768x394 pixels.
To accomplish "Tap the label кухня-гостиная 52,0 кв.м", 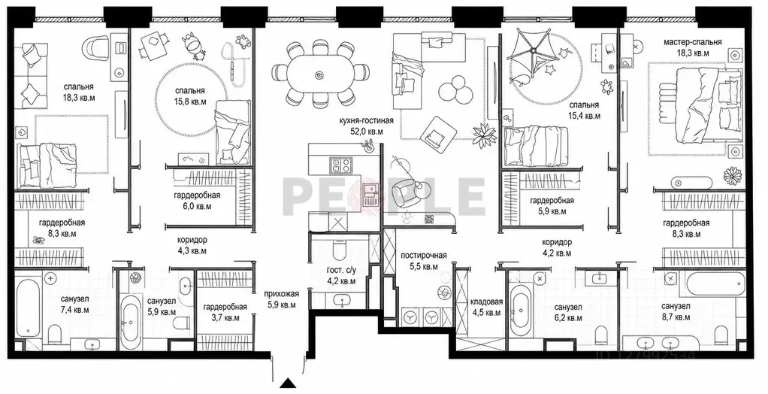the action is point(361,126).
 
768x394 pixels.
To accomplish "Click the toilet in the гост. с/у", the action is point(340,252).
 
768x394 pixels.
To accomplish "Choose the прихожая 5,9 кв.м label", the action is point(280,299).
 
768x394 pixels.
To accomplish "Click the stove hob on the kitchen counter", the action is point(340,164).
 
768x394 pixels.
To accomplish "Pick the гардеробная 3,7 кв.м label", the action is point(225,312).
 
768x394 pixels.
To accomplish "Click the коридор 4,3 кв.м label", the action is point(192,245).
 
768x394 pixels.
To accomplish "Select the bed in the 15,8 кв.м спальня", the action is point(233,132).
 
